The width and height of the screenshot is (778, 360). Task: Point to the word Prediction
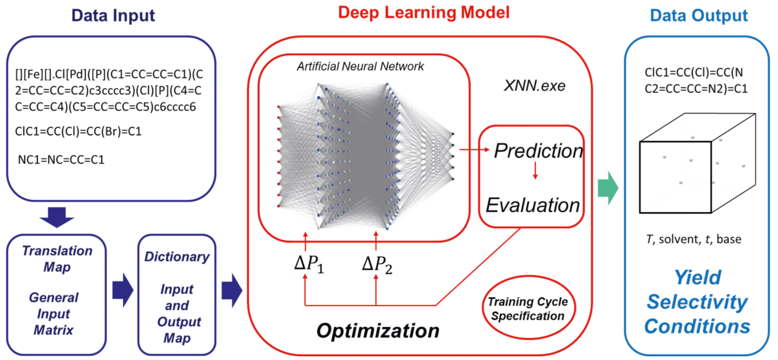coord(537,151)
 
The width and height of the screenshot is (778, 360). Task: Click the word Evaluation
coord(533,206)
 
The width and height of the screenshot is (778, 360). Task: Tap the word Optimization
coord(378,330)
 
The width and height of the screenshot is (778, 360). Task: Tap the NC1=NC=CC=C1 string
coord(62,158)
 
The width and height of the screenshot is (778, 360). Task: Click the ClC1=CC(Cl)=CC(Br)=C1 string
coord(78,130)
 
